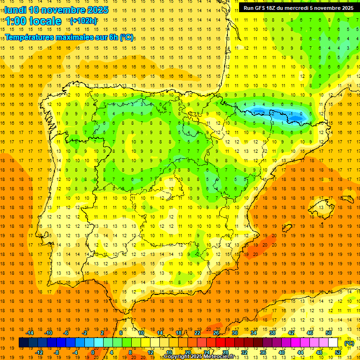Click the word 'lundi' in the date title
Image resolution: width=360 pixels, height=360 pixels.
click(x=15, y=10)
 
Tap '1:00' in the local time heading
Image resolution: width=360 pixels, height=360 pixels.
click(x=16, y=21)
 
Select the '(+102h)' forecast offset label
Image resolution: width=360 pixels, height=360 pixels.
click(x=83, y=21)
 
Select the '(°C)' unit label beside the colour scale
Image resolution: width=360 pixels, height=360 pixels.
click(x=349, y=343)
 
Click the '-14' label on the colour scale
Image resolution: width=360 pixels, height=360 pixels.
click(x=30, y=333)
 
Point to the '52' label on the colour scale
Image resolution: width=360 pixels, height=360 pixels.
click(x=338, y=352)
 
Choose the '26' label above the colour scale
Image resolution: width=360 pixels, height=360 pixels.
click(x=216, y=333)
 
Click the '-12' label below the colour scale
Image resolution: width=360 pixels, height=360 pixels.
click(x=39, y=352)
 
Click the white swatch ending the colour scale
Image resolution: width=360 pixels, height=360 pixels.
click(x=333, y=343)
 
